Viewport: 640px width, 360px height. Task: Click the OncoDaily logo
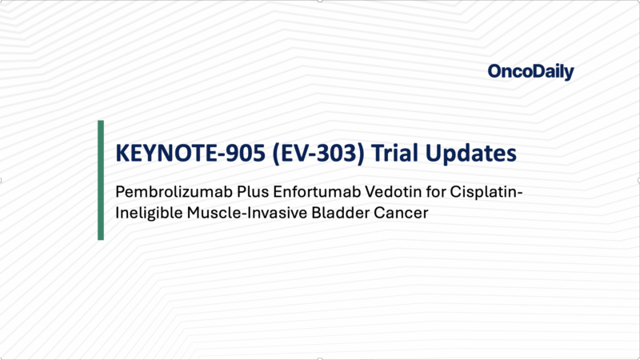530,72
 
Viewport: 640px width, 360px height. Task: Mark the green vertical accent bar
101,180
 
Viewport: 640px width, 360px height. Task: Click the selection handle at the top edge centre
320,2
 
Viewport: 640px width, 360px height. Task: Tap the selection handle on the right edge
638,180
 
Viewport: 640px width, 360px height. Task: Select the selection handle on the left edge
2,180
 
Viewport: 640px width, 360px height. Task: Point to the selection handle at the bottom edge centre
320,358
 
